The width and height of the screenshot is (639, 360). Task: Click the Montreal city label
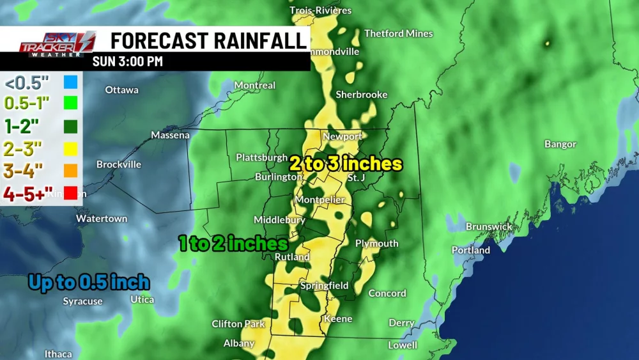254,86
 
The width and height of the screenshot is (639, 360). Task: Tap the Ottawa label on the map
121,90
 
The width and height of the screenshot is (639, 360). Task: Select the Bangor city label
560,145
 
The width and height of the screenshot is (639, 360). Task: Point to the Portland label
470,251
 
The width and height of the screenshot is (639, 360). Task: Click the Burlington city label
278,177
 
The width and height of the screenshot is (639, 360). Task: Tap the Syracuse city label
82,302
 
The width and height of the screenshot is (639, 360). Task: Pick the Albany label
239,344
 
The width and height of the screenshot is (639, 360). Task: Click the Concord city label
387,293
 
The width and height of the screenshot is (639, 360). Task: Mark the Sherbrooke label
362,95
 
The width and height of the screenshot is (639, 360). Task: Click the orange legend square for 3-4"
70,171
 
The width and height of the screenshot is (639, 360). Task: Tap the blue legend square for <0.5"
70,83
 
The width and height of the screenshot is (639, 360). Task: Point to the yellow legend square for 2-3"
70,148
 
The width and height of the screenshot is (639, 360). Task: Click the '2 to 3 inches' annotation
346,164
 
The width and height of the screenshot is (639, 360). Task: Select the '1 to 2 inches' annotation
233,244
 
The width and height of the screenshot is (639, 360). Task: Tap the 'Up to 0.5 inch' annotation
89,283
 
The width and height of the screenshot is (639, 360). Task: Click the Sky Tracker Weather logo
57,43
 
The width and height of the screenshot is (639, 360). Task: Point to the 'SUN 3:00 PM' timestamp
127,62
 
